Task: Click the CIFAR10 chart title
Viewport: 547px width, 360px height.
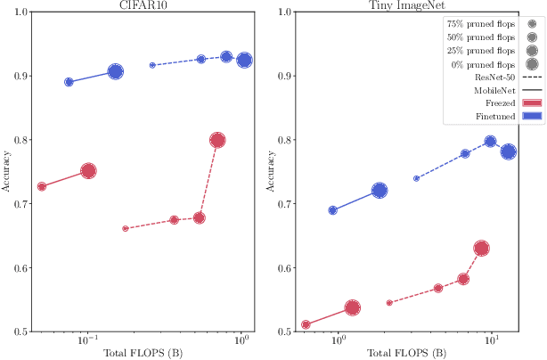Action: click(x=143, y=4)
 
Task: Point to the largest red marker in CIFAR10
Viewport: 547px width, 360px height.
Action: click(x=217, y=140)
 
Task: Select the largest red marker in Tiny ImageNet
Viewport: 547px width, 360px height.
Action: click(x=482, y=249)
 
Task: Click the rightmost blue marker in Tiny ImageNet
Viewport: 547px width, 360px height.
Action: click(x=509, y=151)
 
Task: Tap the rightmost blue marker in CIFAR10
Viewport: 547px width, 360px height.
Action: click(x=243, y=61)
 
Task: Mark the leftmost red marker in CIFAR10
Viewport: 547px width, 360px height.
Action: click(x=42, y=186)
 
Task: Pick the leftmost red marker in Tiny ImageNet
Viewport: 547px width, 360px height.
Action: click(x=306, y=324)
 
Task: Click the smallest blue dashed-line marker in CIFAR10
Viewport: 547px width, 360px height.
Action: click(x=152, y=65)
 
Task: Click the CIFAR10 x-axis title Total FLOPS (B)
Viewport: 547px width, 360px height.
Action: click(x=143, y=354)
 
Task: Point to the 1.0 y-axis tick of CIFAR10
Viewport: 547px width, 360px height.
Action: click(x=20, y=12)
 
